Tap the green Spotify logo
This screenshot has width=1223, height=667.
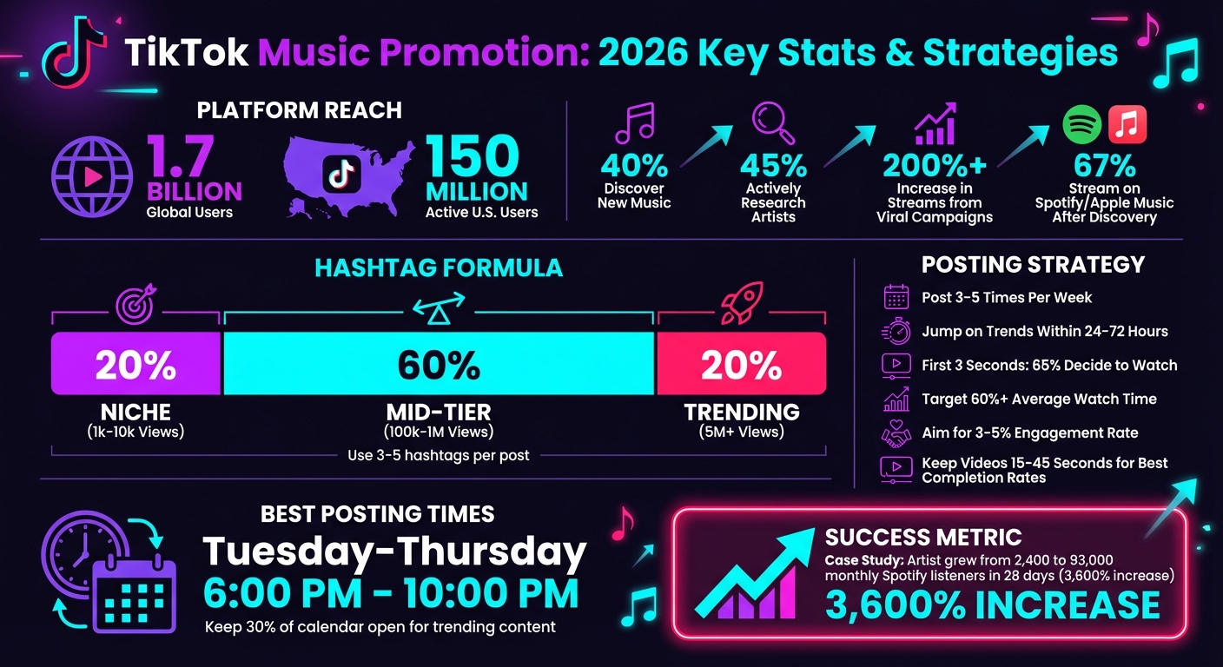(x=1082, y=124)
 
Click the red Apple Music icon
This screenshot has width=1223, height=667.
(x=1127, y=124)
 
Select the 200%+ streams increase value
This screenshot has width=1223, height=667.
(x=934, y=166)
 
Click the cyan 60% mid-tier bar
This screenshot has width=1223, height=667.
(x=439, y=365)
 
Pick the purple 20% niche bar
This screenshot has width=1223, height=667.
(x=136, y=365)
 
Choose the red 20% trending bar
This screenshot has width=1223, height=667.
(x=741, y=365)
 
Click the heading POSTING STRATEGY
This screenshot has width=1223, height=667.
(x=1033, y=264)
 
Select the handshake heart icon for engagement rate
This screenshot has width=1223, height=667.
(x=896, y=433)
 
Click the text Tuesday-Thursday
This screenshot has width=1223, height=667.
(x=394, y=552)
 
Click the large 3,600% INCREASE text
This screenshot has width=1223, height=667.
(x=992, y=605)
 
